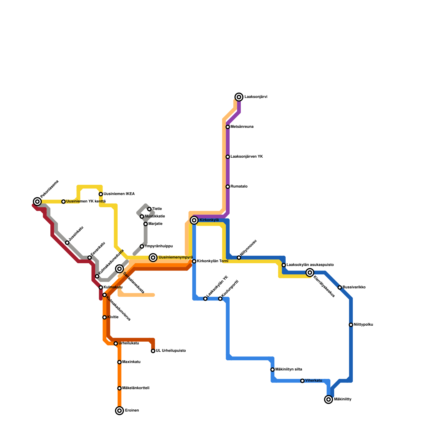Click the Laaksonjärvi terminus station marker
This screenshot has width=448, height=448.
click(x=239, y=97)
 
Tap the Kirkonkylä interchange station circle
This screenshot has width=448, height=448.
click(x=194, y=220)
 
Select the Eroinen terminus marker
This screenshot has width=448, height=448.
click(x=120, y=411)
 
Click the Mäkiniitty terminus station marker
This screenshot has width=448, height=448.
click(x=328, y=400)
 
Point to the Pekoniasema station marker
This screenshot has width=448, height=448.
click(x=37, y=202)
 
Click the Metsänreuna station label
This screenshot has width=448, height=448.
click(x=242, y=127)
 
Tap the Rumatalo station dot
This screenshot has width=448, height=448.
click(x=228, y=187)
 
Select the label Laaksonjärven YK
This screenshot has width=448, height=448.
click(x=246, y=157)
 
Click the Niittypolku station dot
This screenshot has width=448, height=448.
click(x=351, y=325)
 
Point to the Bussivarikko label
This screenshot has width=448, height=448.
click(x=354, y=288)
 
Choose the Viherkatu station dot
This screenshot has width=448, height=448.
click(x=302, y=381)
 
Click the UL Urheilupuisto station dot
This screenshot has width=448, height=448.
click(x=153, y=351)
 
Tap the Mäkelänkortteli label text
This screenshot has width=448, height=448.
click(x=136, y=388)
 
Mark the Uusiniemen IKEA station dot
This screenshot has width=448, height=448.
click(x=101, y=194)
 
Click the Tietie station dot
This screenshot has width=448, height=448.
click(x=149, y=209)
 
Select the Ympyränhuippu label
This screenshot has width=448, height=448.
click(x=158, y=246)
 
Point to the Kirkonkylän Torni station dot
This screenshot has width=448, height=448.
click(x=194, y=261)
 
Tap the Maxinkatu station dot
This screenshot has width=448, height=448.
click(x=120, y=362)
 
